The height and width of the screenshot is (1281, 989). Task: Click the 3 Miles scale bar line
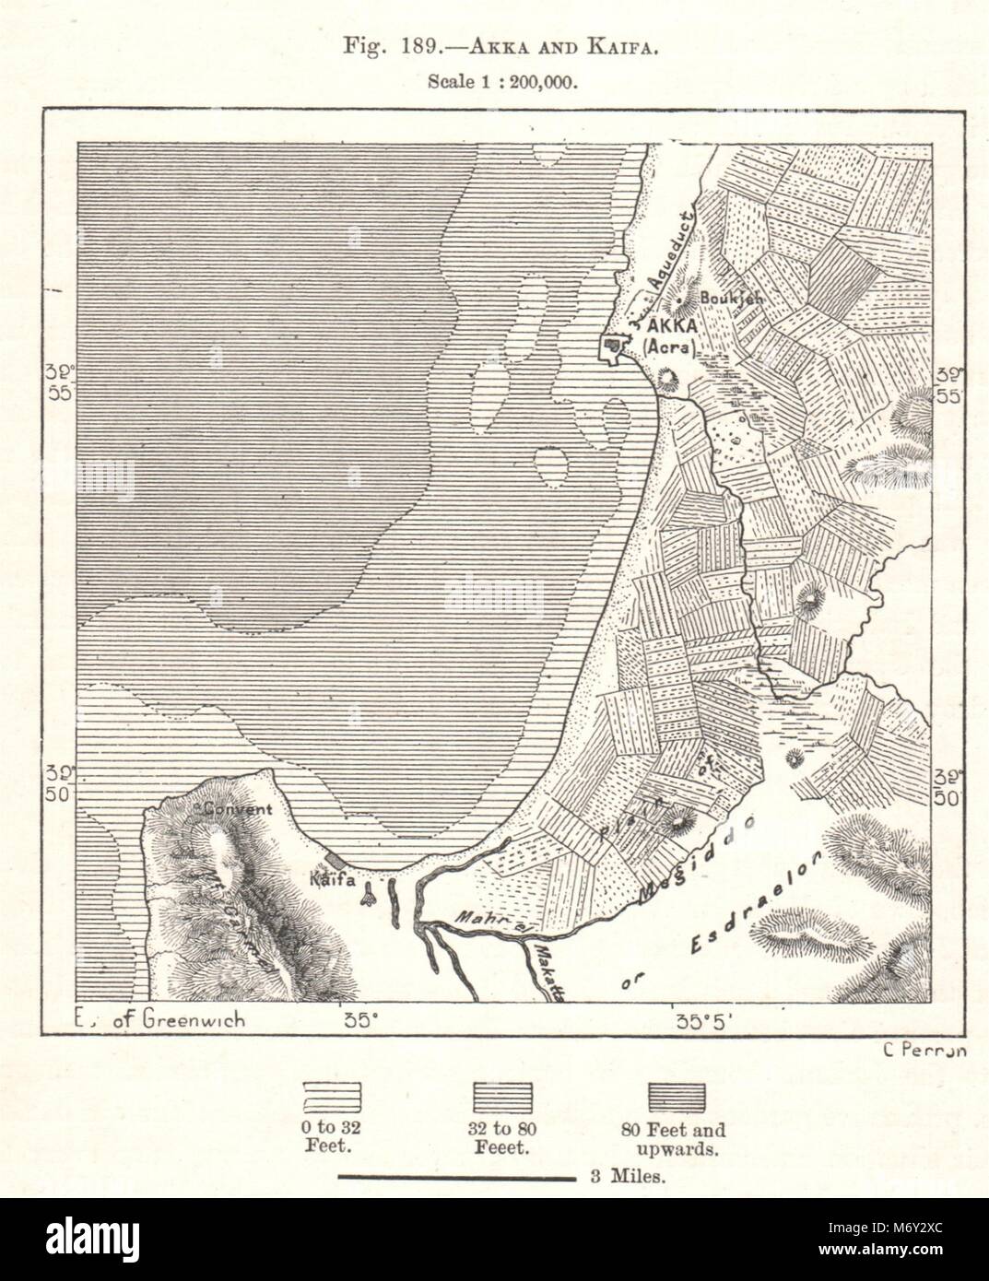(x=455, y=1177)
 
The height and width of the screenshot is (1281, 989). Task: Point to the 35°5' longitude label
(x=701, y=1020)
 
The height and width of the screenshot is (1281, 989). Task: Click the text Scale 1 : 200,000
(x=502, y=81)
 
